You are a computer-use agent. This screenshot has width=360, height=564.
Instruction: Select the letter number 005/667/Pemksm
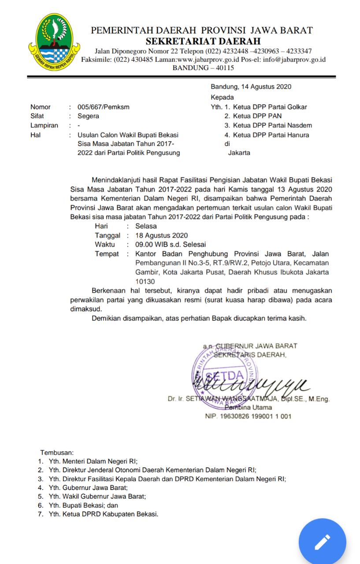tap(104, 107)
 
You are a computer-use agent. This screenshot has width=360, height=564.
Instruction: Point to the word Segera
tap(88, 116)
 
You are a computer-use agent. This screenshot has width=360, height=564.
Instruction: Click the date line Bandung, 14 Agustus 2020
tap(251, 87)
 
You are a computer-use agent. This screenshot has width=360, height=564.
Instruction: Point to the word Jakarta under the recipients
tap(239, 153)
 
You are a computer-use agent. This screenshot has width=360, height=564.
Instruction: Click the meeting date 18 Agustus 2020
tap(161, 235)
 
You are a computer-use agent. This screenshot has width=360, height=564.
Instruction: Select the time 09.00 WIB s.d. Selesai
tap(171, 245)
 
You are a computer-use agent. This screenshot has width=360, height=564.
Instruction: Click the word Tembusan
tap(57, 453)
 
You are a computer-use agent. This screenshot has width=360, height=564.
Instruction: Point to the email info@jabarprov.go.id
tap(294, 59)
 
